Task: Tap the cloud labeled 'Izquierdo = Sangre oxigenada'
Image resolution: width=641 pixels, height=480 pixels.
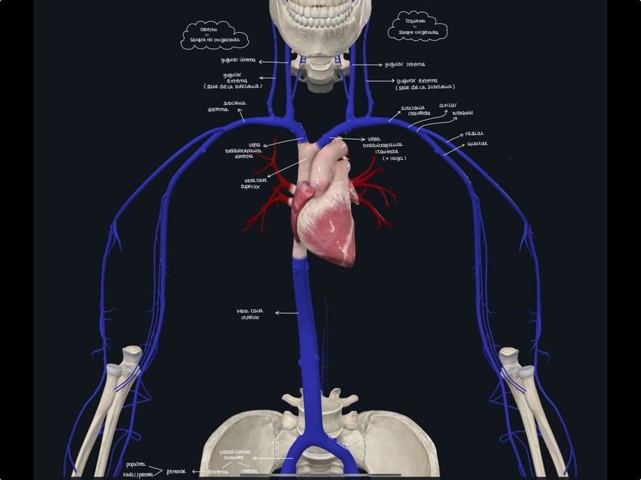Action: click(x=417, y=28)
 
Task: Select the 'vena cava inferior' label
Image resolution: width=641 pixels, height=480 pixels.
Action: click(x=251, y=314)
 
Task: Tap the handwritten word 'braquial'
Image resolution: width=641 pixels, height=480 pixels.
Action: click(x=463, y=113)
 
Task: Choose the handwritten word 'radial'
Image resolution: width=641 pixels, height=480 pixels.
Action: click(x=475, y=133)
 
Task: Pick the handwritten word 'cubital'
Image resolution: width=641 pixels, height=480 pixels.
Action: click(x=477, y=143)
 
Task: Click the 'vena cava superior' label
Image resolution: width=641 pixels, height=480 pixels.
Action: click(x=255, y=183)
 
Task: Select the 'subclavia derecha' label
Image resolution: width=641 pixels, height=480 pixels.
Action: click(x=224, y=106)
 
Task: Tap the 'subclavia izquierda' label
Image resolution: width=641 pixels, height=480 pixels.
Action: click(x=413, y=111)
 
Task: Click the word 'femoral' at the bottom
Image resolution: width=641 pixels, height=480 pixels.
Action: click(x=176, y=471)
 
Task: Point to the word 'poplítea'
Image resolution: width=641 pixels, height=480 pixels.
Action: click(x=136, y=464)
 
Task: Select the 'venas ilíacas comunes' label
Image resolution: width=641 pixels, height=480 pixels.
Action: click(x=231, y=454)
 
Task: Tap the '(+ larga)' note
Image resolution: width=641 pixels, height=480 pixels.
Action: click(x=394, y=158)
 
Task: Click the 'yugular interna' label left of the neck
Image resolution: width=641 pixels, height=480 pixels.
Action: click(x=237, y=60)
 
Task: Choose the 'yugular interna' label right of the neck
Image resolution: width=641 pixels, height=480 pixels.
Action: click(x=404, y=65)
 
